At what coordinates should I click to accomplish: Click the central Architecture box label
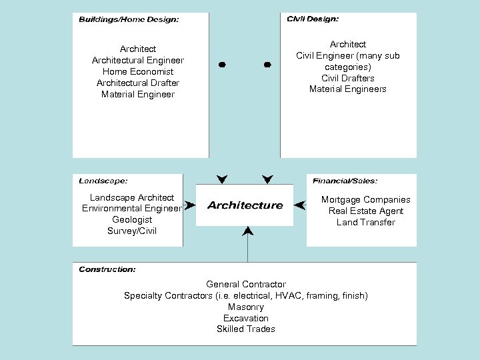pos(245,205)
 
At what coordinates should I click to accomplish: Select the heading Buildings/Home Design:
pos(129,20)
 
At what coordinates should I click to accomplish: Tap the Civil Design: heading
pos(312,19)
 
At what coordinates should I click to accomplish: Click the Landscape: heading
pos(103,181)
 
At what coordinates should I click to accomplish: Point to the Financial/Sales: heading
pos(345,181)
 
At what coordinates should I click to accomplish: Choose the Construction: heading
pos(107,269)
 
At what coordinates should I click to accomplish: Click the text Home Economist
pos(138,71)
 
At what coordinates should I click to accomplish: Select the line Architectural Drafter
pos(138,83)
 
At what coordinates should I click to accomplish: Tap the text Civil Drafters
pos(347,78)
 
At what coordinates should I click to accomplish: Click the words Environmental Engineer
pos(131,209)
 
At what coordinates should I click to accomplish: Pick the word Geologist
pos(132,219)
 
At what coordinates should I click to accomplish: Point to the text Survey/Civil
pos(132,231)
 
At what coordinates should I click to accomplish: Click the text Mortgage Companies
pos(365,200)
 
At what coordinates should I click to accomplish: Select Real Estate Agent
pos(365,211)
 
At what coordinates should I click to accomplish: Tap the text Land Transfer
pos(365,222)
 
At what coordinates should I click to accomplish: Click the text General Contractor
pos(245,285)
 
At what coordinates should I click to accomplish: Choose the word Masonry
pos(245,307)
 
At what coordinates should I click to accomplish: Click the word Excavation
pos(245,318)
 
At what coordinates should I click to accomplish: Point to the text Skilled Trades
pos(245,329)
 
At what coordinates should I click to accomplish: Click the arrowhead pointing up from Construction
pos(248,231)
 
